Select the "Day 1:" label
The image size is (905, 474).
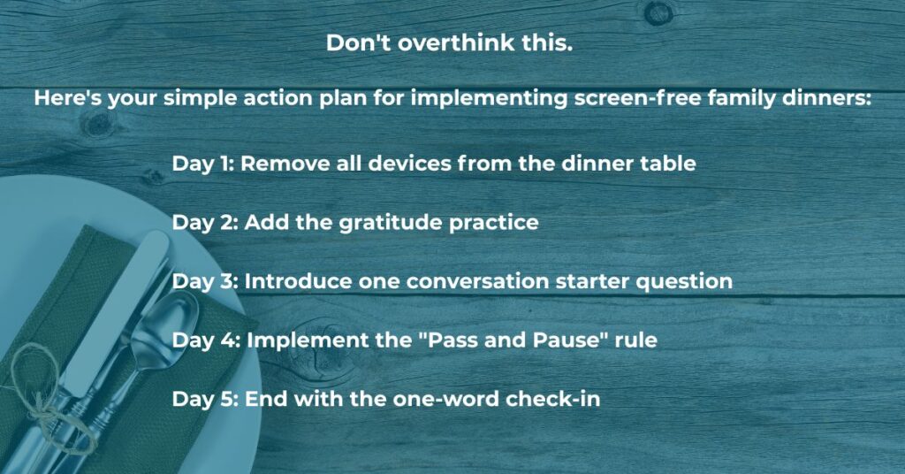pos(202,164)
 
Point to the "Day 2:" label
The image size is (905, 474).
pos(205,222)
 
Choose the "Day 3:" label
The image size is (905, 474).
pos(205,281)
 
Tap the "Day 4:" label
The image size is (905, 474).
pos(205,340)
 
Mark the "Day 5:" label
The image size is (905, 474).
pos(205,398)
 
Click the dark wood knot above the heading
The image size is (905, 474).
pos(658,12)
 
